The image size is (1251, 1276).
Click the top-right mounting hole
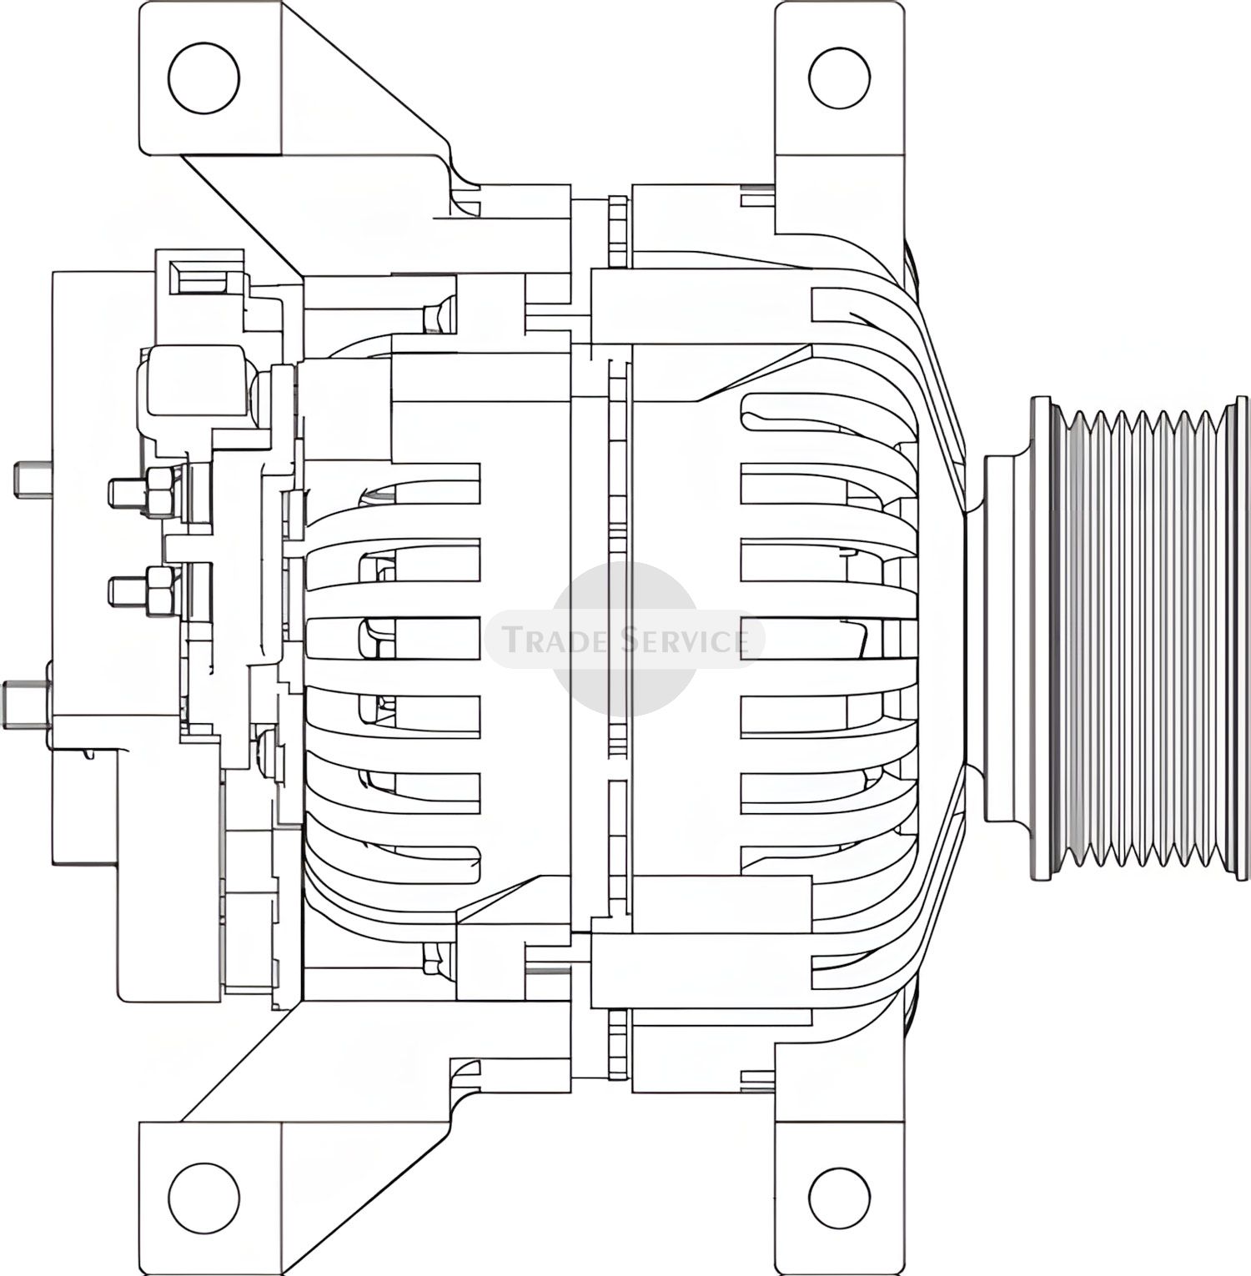pos(839,78)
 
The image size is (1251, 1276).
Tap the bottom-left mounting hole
pos(203,1198)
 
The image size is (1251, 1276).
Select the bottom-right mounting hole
pos(839,1198)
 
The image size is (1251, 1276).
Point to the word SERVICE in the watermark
pos(691,641)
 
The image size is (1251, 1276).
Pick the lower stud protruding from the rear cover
pos(28,702)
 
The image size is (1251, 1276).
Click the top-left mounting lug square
pos(212,78)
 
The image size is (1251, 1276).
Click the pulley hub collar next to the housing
pos(1007,638)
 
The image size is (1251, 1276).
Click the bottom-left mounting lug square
pos(212,1198)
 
